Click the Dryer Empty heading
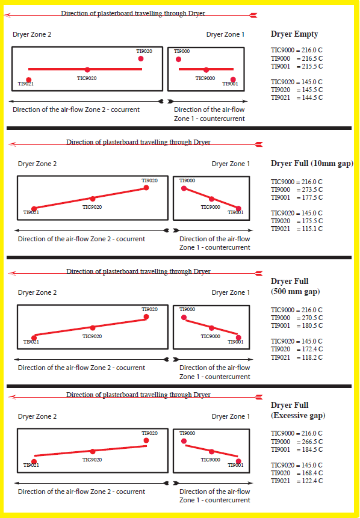pos(294,34)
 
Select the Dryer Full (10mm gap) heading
pos(312,164)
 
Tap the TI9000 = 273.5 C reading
pos(297,190)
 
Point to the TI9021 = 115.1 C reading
pos(297,229)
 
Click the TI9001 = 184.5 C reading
pos(297,449)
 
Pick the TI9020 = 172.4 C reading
pos(297,349)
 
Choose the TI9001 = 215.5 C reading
pos(297,66)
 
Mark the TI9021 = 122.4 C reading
pos(297,481)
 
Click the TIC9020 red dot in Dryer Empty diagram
pos(87,70)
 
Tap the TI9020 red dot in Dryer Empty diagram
pos(141,58)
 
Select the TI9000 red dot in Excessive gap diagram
pos(184,441)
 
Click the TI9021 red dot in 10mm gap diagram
pos(34,209)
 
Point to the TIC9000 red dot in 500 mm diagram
pos(211,328)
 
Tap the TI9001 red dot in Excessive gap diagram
pos(238,461)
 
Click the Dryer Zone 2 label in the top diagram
pos(32,34)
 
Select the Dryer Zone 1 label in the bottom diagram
pos(231,416)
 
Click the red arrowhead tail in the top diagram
pos(254,15)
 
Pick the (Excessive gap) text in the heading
pos(298,415)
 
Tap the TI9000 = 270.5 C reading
pos(297,318)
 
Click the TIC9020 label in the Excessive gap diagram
pos(92,460)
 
